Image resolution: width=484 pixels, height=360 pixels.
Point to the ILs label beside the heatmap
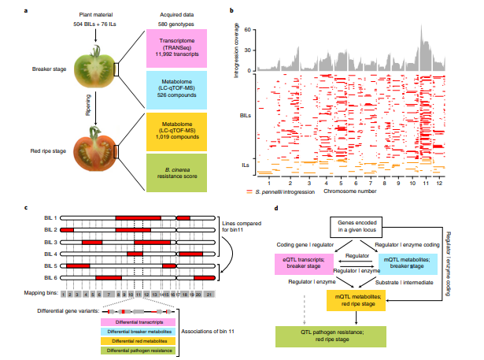point(246,164)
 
